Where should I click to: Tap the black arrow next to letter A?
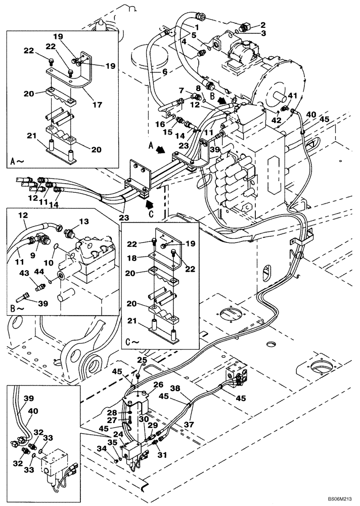[x=161, y=150]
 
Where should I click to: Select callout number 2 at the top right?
[x=263, y=24]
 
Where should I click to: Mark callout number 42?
[x=277, y=120]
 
